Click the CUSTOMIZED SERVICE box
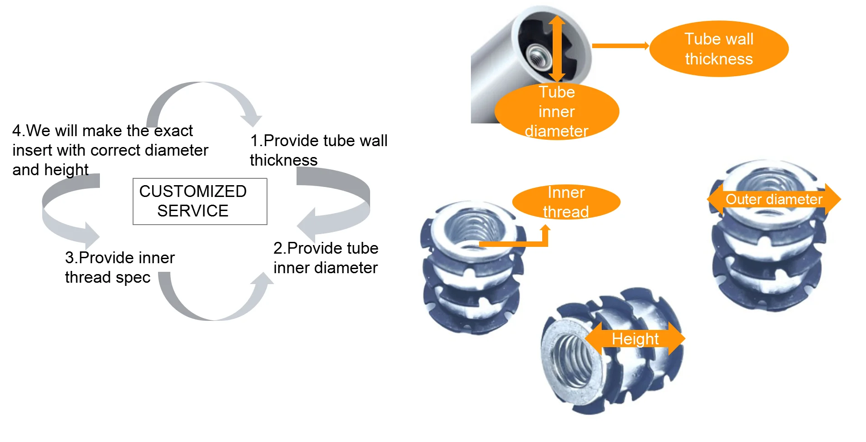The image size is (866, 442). (x=200, y=201)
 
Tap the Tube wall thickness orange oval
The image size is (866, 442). (x=718, y=49)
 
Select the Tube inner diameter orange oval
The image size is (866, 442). (x=556, y=112)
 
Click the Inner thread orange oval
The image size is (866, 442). (x=566, y=202)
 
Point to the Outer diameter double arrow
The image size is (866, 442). (x=774, y=199)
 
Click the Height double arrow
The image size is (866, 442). (x=635, y=339)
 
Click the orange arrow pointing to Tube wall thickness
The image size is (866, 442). (x=620, y=45)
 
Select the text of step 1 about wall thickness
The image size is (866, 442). (x=318, y=150)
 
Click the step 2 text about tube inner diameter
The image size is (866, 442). (x=326, y=258)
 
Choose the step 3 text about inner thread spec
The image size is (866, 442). (x=119, y=267)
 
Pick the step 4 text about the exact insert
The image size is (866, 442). (x=110, y=150)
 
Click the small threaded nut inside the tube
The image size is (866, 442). (x=538, y=58)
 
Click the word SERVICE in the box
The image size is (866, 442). (x=193, y=211)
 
